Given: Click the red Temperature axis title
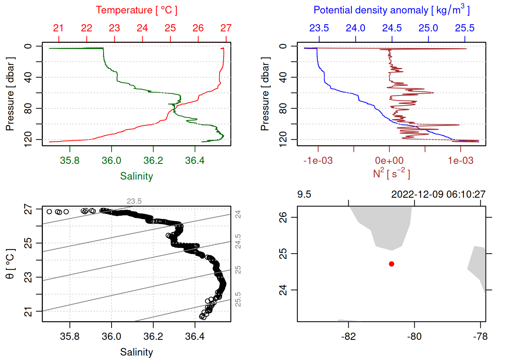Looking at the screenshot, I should point(136,10).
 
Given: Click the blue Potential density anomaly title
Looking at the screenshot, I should point(391,10).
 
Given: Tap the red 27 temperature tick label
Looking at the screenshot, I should point(226,28).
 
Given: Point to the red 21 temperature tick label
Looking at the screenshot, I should point(58,28).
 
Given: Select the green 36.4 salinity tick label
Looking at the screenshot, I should point(195,161).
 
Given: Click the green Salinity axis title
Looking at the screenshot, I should point(136,176).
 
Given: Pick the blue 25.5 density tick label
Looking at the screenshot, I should point(464,28).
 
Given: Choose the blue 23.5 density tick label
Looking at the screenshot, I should point(319,28).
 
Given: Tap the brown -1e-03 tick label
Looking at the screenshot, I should point(318,161).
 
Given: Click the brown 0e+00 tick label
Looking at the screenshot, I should point(389,161).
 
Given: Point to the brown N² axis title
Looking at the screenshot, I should point(391,174).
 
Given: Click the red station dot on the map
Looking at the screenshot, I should point(392,264).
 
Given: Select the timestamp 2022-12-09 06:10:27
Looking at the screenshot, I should point(438,195).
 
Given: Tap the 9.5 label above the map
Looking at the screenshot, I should point(304,195).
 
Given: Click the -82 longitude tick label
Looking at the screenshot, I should point(348,337).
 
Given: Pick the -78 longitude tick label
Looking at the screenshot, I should point(480,337).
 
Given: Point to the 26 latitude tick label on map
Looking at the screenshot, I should point(283,217).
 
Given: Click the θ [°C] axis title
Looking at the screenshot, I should point(10,264).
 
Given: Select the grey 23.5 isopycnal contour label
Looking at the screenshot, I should point(134,201).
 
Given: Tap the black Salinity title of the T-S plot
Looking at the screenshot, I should point(136,352).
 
